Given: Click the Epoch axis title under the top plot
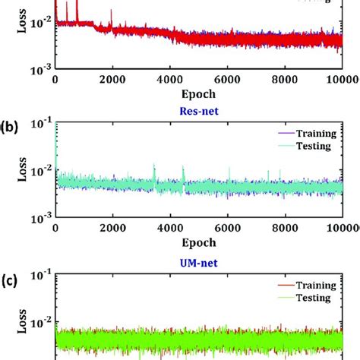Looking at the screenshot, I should (x=198, y=94).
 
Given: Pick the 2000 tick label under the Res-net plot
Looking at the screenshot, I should (x=112, y=227).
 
